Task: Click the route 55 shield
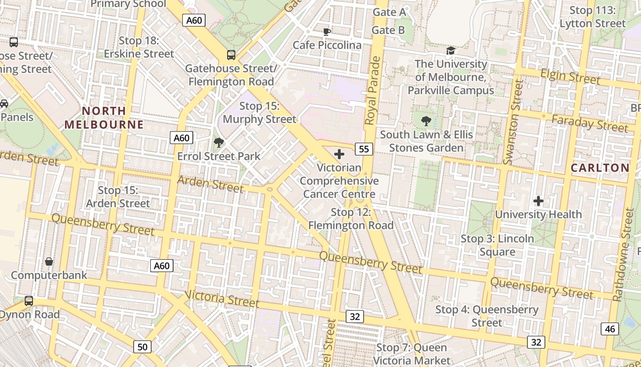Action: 364,149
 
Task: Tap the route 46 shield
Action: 610,328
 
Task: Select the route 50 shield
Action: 142,347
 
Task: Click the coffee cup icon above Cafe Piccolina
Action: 326,32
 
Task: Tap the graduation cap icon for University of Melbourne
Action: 451,50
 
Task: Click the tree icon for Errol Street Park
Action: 219,142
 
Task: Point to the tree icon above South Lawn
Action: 426,121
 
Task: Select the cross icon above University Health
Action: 538,201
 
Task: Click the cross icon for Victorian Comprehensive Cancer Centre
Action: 339,154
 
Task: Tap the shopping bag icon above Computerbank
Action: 49,261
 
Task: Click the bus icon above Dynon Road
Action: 29,301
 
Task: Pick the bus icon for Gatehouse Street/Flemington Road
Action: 231,55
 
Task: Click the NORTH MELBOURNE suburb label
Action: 104,117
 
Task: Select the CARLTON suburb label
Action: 600,168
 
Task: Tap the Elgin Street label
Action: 570,76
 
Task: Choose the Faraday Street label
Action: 589,123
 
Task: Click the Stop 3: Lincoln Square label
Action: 497,245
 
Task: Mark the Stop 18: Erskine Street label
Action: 139,47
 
